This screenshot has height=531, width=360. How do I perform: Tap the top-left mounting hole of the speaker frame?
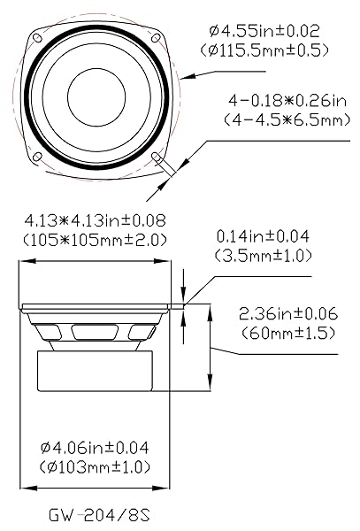click(36, 38)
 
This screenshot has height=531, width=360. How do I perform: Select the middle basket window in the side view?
click(96, 332)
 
